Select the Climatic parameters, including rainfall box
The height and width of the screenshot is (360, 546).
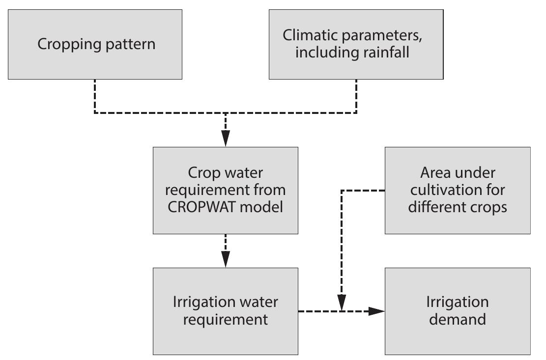point(356,44)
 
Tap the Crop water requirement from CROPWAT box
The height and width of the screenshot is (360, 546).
point(226,190)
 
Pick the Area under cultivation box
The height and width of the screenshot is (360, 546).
point(458,190)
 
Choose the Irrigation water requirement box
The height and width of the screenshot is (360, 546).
point(226,311)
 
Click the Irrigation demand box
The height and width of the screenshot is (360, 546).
point(458,311)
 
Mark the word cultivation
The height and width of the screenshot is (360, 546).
point(458,190)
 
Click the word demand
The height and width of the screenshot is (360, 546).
point(458,320)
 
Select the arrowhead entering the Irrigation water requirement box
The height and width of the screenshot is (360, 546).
point(226,260)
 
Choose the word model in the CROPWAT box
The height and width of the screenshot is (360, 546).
point(268,207)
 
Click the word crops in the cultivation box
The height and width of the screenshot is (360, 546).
point(489,207)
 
